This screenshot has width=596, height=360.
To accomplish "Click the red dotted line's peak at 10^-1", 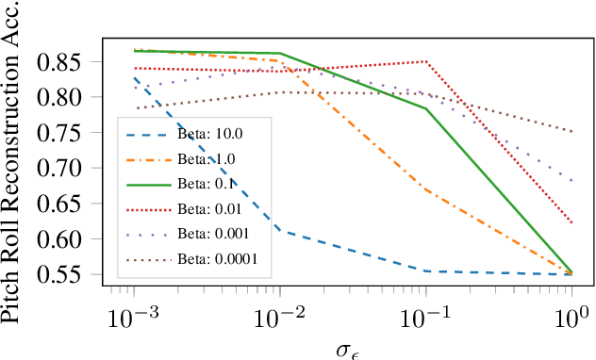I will click(x=426, y=61).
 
